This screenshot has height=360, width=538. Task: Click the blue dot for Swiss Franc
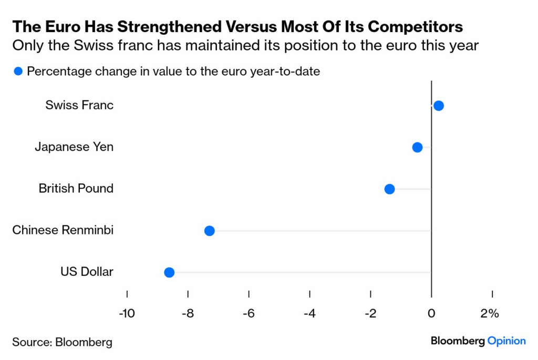[439, 106]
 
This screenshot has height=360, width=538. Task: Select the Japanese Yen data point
[417, 147]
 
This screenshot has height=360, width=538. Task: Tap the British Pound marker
[389, 189]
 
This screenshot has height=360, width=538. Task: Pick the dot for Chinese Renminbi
[209, 230]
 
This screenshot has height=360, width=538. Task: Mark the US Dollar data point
[169, 272]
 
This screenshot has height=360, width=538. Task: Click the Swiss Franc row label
[79, 105]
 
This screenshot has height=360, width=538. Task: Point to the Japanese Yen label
[74, 147]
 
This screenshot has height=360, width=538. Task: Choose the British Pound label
[76, 188]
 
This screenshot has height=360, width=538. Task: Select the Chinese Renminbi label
[63, 230]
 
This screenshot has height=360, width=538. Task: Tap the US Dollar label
[87, 272]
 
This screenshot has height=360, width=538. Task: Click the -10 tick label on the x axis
[127, 314]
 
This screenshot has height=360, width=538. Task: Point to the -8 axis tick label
[188, 314]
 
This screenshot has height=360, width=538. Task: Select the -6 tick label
[249, 314]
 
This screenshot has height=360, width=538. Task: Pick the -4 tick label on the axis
[309, 314]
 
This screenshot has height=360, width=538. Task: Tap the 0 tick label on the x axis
[431, 314]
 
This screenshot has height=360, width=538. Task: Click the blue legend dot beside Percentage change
[18, 71]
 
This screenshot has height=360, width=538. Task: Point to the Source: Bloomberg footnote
[63, 342]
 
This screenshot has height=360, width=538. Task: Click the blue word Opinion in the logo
[506, 341]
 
